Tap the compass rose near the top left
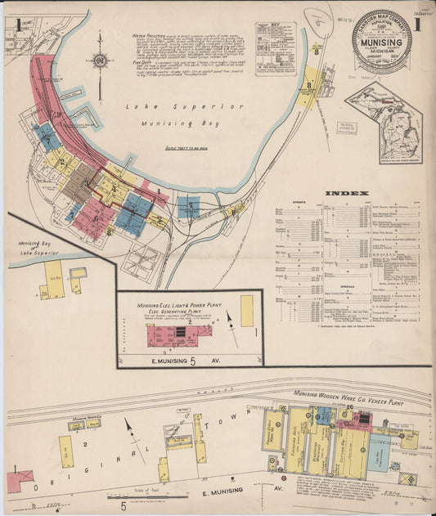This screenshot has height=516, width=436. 100,61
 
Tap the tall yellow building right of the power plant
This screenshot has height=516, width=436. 246,311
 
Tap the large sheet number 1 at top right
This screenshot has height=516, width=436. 416,25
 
